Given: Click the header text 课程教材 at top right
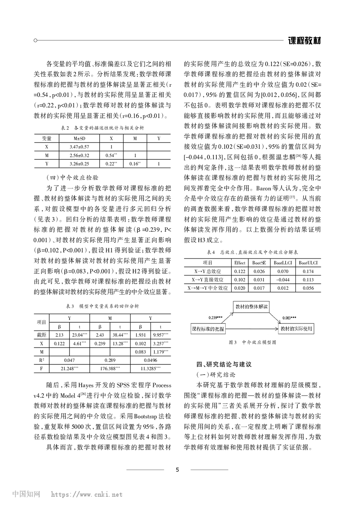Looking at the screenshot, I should [x=304, y=40].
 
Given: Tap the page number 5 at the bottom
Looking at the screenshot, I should [x=177, y=469].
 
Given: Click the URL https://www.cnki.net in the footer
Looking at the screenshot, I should [x=87, y=495].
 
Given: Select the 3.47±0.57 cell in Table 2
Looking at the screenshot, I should [x=79, y=147].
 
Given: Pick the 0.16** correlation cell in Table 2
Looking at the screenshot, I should [x=135, y=164].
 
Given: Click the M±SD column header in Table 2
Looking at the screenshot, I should [x=79, y=138].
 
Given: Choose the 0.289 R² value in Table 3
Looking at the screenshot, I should [x=110, y=360].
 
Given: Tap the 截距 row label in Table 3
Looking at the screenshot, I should [x=41, y=335].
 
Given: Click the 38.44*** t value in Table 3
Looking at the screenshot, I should [x=120, y=335].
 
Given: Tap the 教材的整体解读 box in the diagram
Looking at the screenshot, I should [x=252, y=307].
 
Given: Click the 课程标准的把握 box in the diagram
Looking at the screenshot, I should [x=208, y=329].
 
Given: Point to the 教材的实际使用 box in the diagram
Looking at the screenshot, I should [x=296, y=329].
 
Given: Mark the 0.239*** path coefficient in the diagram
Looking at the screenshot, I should [x=215, y=318].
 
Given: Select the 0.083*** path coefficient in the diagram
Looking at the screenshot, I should [x=289, y=318].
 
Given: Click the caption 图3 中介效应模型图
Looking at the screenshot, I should [x=252, y=342].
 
